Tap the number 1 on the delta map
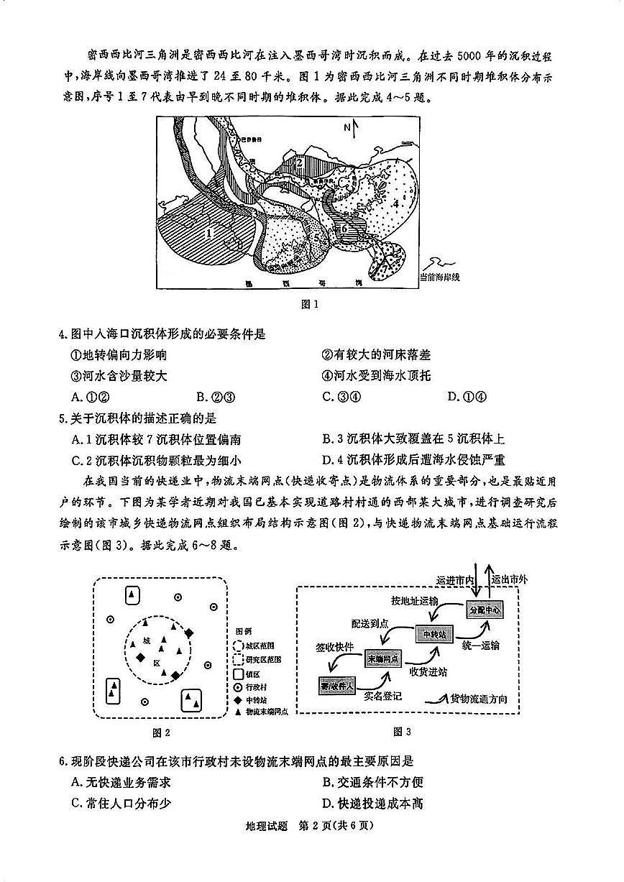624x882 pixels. coord(209,232)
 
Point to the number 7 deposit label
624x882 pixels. coord(384,266)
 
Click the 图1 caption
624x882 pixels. coord(311,304)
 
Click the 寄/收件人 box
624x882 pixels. coord(337,686)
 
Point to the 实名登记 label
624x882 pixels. coord(382,696)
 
